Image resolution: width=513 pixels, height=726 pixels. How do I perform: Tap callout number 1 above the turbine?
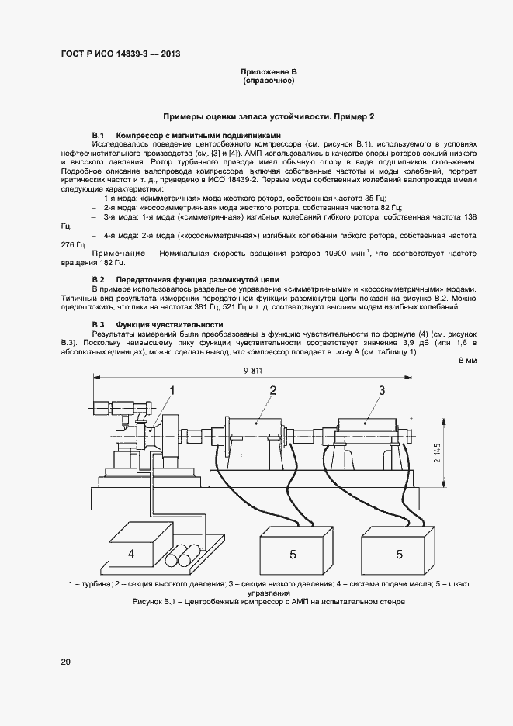173,391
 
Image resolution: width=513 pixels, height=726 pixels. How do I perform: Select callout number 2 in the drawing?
273,390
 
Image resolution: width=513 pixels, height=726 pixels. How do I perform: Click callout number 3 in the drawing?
382,390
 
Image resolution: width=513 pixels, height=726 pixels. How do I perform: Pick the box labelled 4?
131,554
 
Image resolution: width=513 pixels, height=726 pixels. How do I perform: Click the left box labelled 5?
293,554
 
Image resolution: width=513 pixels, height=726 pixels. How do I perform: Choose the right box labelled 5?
400,554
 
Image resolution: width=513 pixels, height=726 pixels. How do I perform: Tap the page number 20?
65,662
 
